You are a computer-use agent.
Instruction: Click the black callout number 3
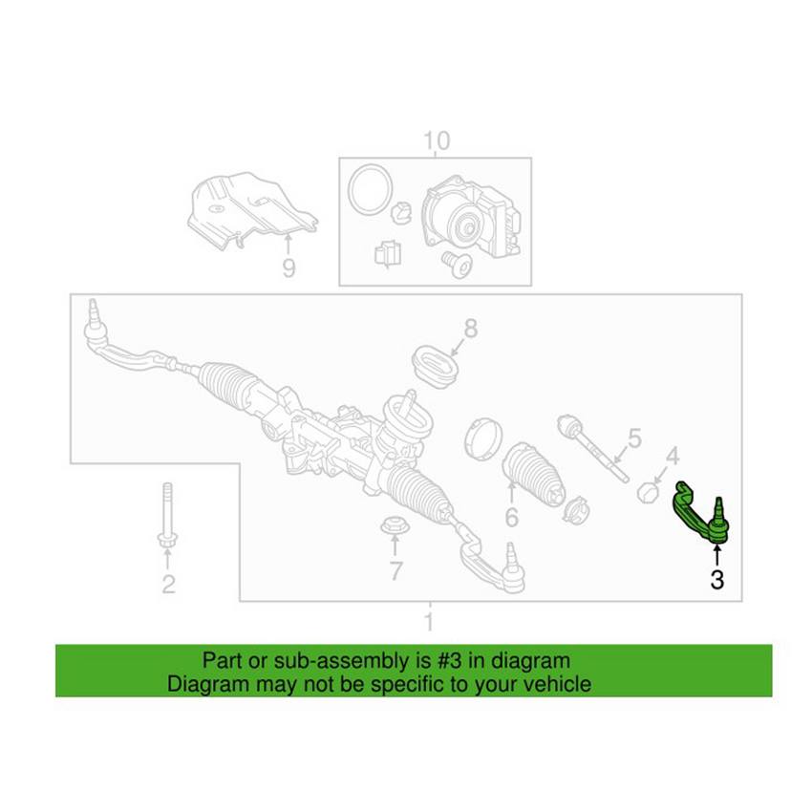click(716, 580)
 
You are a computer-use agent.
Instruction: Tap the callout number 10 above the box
click(437, 140)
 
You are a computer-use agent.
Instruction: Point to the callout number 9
click(288, 267)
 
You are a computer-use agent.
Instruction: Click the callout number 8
click(470, 328)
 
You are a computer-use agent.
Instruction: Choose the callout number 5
click(635, 438)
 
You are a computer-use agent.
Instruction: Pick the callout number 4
click(673, 456)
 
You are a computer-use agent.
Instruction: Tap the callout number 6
click(512, 517)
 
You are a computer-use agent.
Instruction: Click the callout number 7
click(396, 570)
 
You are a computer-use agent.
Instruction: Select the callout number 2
click(168, 584)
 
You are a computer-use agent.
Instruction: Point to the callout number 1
click(429, 622)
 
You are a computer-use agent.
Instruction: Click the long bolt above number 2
click(167, 515)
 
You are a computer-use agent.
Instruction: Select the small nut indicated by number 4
click(648, 492)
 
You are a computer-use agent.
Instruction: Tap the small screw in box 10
click(458, 264)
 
